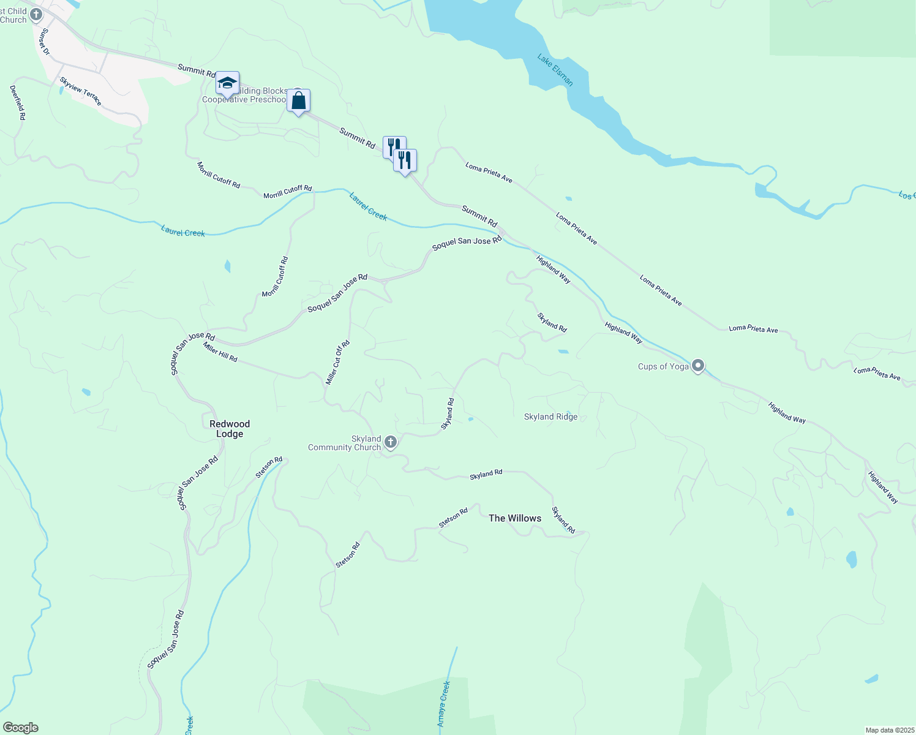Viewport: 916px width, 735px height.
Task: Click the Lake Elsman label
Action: [x=555, y=70]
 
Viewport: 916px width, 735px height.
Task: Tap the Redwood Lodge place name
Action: [x=230, y=429]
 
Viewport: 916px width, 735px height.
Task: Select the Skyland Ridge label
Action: [x=550, y=417]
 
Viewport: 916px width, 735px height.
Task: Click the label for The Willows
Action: [x=515, y=518]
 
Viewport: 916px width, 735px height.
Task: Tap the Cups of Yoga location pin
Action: [x=698, y=366]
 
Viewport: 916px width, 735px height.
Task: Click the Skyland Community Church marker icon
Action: [x=390, y=442]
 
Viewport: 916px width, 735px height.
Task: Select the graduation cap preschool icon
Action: [x=227, y=83]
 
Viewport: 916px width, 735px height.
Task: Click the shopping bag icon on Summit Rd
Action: [x=298, y=101]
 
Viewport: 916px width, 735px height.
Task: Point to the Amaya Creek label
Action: [x=444, y=704]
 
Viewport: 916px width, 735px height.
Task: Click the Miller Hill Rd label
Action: [x=220, y=352]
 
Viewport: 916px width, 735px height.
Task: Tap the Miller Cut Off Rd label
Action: [x=337, y=363]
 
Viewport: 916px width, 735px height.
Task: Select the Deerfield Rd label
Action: [x=18, y=102]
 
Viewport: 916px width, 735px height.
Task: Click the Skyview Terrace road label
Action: [x=81, y=91]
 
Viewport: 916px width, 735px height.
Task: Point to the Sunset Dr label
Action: [x=44, y=41]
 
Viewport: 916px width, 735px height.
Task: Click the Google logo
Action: [x=20, y=728]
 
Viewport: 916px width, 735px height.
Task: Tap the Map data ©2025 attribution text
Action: [x=889, y=730]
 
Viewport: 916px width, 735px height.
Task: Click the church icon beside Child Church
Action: [x=36, y=14]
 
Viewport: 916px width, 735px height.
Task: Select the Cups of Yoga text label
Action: [x=663, y=367]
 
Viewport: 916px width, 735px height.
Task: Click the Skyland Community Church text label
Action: [x=345, y=443]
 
